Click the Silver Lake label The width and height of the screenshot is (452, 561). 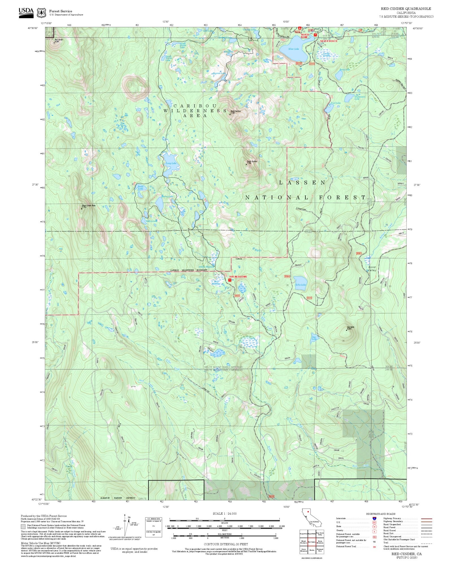pos(293,49)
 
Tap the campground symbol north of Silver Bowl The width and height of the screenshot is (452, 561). pos(300,29)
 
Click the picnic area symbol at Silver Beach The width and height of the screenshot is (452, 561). pos(316,35)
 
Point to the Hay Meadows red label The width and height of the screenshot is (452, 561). pos(238,277)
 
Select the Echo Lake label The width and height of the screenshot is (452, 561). pos(301,285)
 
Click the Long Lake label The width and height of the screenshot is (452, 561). pos(171,163)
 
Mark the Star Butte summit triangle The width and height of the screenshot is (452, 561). pos(347,330)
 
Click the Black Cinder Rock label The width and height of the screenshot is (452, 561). pos(89,206)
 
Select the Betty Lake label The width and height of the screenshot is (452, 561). pos(345,69)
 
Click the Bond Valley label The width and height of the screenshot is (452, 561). pos(372,269)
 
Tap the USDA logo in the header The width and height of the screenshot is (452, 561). pos(26,13)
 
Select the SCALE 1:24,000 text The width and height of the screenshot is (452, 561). pos(225,513)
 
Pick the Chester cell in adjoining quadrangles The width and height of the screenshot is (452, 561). pos(312,550)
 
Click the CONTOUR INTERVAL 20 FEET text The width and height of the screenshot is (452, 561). pos(226,544)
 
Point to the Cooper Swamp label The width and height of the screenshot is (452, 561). pos(327,54)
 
